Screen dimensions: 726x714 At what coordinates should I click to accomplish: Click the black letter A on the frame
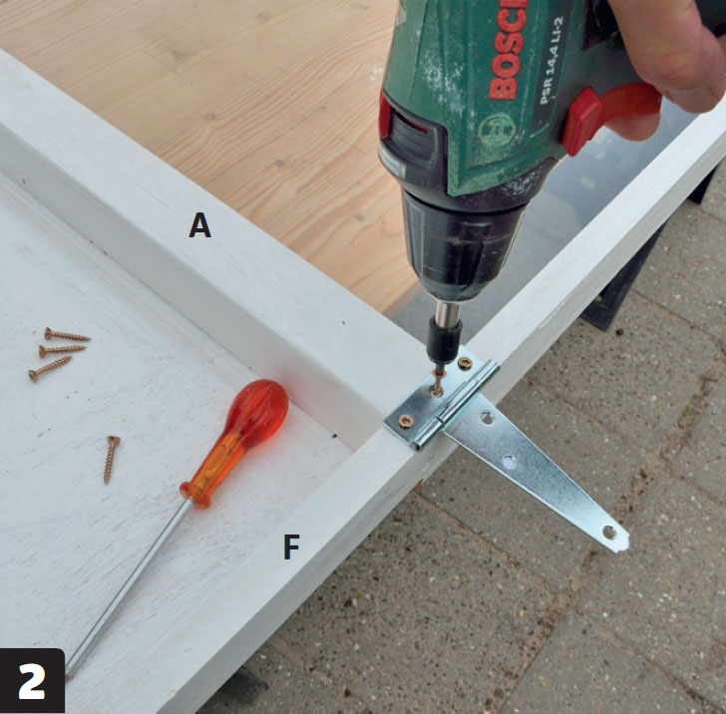coord(200,225)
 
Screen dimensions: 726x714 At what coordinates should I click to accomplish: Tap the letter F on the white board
coord(291,546)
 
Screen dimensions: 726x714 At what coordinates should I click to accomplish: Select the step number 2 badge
coord(32,681)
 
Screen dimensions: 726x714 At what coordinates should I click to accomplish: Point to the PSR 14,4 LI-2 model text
coord(552,60)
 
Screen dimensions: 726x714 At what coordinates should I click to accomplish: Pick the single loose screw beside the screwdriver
coord(111,459)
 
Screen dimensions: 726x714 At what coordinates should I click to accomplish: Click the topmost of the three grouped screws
coord(67,335)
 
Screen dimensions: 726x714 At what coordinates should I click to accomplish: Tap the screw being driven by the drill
coord(437,382)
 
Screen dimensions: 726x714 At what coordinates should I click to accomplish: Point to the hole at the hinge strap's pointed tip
coord(609,533)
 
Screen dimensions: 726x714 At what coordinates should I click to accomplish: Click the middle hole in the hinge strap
coord(510,462)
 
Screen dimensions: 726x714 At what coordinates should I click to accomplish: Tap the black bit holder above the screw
coord(444,338)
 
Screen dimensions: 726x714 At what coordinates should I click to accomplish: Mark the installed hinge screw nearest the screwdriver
coord(406,422)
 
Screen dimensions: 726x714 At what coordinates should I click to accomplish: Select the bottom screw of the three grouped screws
coord(50,369)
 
